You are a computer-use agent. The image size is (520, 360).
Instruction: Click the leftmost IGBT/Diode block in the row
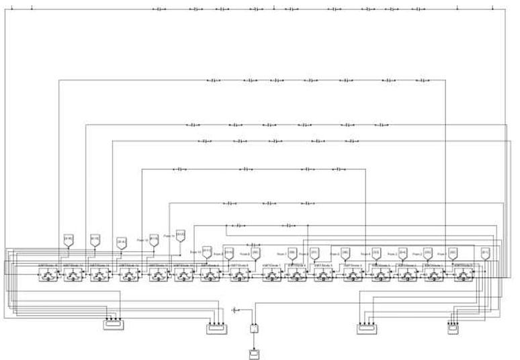click(46, 273)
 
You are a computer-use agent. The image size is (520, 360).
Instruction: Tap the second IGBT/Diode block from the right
click(435, 273)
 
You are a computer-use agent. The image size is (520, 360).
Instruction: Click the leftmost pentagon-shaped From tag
click(67, 239)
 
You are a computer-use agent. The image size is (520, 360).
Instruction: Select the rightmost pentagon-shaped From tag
click(485, 253)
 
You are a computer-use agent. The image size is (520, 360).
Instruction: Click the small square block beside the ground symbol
click(254, 328)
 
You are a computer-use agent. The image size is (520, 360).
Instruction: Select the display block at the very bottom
click(254, 353)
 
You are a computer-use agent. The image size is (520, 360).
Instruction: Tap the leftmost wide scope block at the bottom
click(112, 326)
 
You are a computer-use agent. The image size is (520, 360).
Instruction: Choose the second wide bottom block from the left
click(217, 328)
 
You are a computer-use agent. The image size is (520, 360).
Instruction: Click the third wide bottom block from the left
click(367, 328)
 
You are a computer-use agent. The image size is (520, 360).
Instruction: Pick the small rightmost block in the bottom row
click(454, 328)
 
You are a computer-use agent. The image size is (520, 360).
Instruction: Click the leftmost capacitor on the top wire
click(159, 9)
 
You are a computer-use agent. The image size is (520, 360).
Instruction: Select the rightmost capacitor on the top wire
click(418, 9)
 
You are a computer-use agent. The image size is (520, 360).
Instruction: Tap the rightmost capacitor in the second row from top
click(427, 81)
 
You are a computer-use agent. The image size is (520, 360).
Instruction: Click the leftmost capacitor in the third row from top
click(193, 124)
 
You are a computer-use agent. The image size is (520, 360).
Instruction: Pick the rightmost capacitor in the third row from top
click(384, 124)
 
